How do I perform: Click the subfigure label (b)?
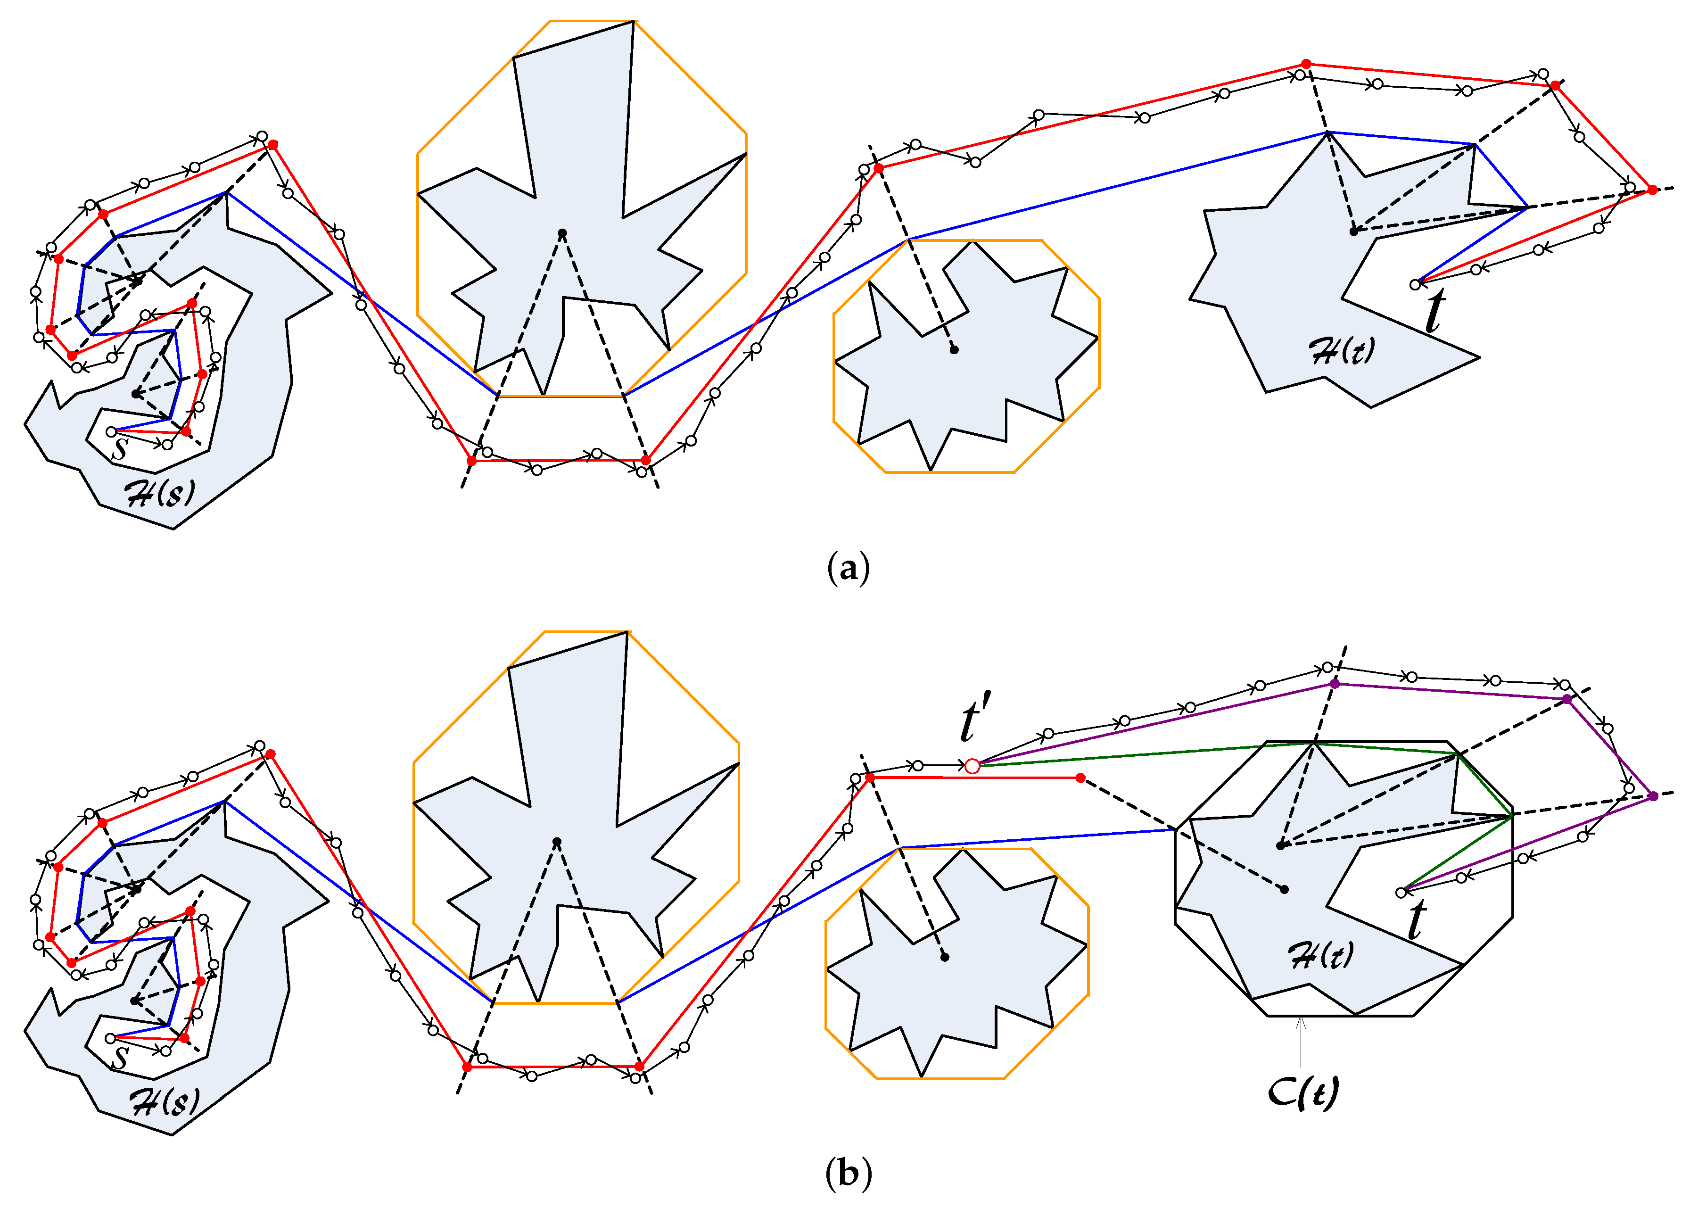[848, 1173]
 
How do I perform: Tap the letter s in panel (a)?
[120, 448]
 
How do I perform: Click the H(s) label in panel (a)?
[161, 493]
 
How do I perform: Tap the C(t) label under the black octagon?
[1303, 1092]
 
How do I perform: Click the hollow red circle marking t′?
[972, 765]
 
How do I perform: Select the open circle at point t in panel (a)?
[1415, 284]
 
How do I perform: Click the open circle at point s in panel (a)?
[111, 431]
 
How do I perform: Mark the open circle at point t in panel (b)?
[1401, 892]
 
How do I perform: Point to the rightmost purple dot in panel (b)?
[1653, 796]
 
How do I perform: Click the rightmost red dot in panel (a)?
[1652, 190]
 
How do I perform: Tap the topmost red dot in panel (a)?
[1306, 64]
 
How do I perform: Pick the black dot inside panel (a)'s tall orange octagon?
[562, 233]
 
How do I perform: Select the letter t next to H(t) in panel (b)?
[1417, 919]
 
